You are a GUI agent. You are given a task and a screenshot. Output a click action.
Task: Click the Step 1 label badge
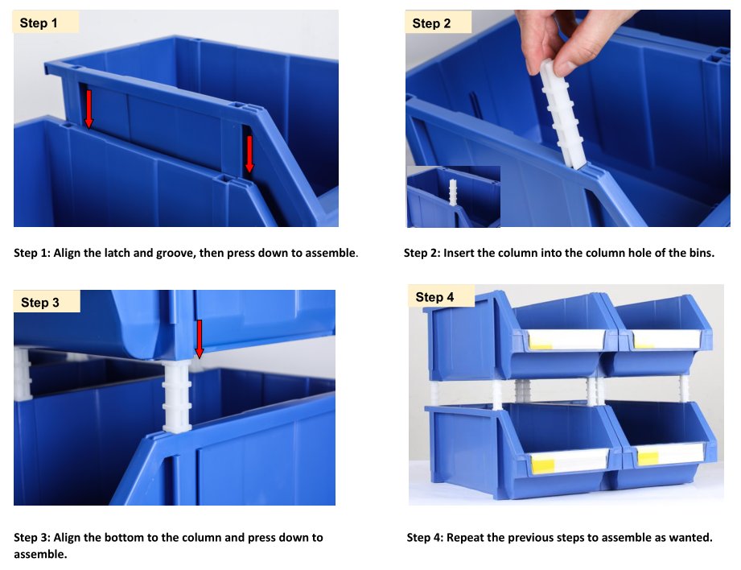pyautogui.click(x=46, y=23)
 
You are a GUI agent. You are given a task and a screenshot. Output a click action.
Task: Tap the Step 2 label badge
pyautogui.click(x=438, y=23)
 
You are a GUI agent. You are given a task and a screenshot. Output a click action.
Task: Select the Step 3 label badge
pyautogui.click(x=47, y=301)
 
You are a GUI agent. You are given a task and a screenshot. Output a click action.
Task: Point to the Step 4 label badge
pyautogui.click(x=442, y=296)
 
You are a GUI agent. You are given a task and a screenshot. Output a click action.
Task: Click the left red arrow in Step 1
pyautogui.click(x=89, y=109)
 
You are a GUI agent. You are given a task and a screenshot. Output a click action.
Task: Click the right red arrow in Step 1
pyautogui.click(x=249, y=155)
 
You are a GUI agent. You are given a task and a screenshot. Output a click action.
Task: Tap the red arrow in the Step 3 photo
pyautogui.click(x=200, y=339)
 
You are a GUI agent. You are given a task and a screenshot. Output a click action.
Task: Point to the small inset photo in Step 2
pyautogui.click(x=453, y=196)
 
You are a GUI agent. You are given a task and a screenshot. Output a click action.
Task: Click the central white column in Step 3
pyautogui.click(x=177, y=396)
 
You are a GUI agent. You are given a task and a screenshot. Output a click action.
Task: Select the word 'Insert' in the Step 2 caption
pyautogui.click(x=459, y=253)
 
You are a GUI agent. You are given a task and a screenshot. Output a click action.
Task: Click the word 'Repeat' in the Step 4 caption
pyautogui.click(x=464, y=539)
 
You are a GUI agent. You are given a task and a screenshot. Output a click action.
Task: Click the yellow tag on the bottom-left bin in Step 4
pyautogui.click(x=543, y=464)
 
